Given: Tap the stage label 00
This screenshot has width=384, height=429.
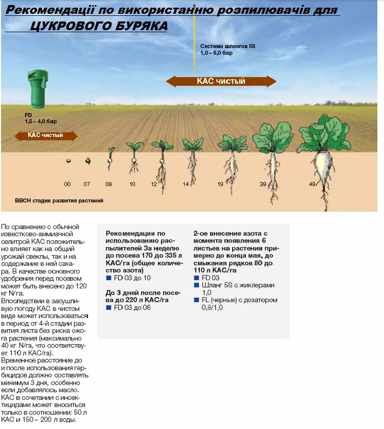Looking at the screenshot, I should (67, 183).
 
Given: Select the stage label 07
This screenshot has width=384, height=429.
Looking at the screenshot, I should (87, 183).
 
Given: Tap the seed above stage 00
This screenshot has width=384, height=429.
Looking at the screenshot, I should (68, 161).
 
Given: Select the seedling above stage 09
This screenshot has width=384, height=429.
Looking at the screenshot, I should (110, 158).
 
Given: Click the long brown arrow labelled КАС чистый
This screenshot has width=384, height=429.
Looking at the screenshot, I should (221, 81).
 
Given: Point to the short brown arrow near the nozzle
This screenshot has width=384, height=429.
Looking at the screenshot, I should (46, 136).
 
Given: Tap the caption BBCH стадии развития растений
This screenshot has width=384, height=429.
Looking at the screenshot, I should (59, 200).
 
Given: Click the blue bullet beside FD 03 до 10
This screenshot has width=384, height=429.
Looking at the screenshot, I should (108, 278).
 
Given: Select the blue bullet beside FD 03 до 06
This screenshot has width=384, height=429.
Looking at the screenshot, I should (108, 308).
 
